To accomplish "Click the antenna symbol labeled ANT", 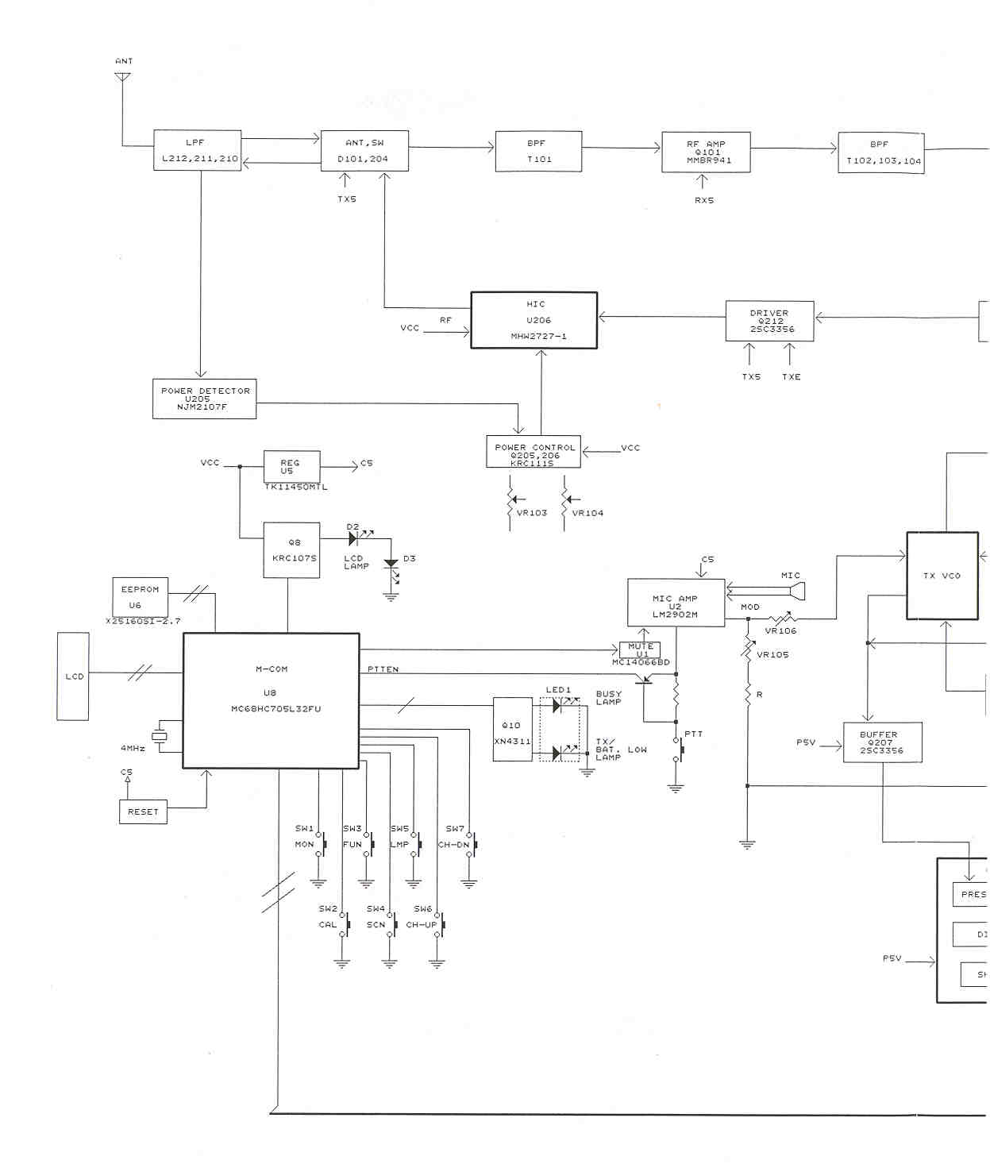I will (122, 77).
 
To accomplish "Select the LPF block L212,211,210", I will (197, 150).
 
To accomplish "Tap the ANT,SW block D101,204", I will (364, 151).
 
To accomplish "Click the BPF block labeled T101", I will (538, 152).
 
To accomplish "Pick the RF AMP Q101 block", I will (706, 152).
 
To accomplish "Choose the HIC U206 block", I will (534, 320).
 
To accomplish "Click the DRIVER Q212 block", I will (769, 321).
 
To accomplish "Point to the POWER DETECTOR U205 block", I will (204, 399).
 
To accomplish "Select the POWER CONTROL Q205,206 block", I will (534, 452).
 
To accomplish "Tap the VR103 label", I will (531, 513).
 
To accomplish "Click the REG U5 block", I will (291, 466).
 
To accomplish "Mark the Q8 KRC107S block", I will (291, 549).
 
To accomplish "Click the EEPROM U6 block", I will (140, 597).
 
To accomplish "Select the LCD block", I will (73, 676).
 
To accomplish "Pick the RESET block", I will (143, 811).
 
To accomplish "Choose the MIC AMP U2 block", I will (676, 603).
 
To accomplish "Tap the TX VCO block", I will (942, 576).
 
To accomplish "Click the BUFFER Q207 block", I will (882, 742).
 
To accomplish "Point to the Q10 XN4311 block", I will (512, 730).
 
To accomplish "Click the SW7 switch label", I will (455, 828).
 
